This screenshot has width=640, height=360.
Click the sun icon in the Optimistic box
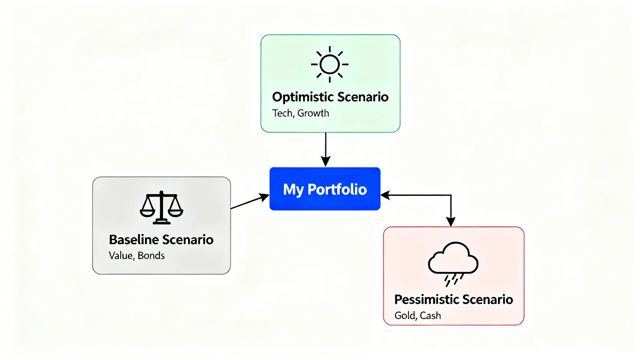tap(330, 64)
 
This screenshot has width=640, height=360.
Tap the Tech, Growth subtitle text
tap(300, 113)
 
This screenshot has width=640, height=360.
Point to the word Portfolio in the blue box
tap(337, 189)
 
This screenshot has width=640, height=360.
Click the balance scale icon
tap(161, 207)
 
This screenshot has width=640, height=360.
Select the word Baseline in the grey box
tap(133, 240)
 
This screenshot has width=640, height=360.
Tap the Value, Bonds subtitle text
tap(137, 255)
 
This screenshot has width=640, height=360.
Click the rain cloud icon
tap(453, 259)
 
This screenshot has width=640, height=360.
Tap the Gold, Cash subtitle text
tap(418, 316)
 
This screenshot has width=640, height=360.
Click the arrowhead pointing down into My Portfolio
tap(326, 161)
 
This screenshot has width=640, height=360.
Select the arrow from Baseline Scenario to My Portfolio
tap(249, 202)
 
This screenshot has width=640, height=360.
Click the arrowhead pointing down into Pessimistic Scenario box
tap(451, 222)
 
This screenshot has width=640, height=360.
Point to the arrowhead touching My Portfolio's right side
tap(385, 195)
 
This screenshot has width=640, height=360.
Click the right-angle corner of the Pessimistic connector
tap(451, 195)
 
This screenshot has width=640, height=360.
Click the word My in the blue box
tap(293, 190)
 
